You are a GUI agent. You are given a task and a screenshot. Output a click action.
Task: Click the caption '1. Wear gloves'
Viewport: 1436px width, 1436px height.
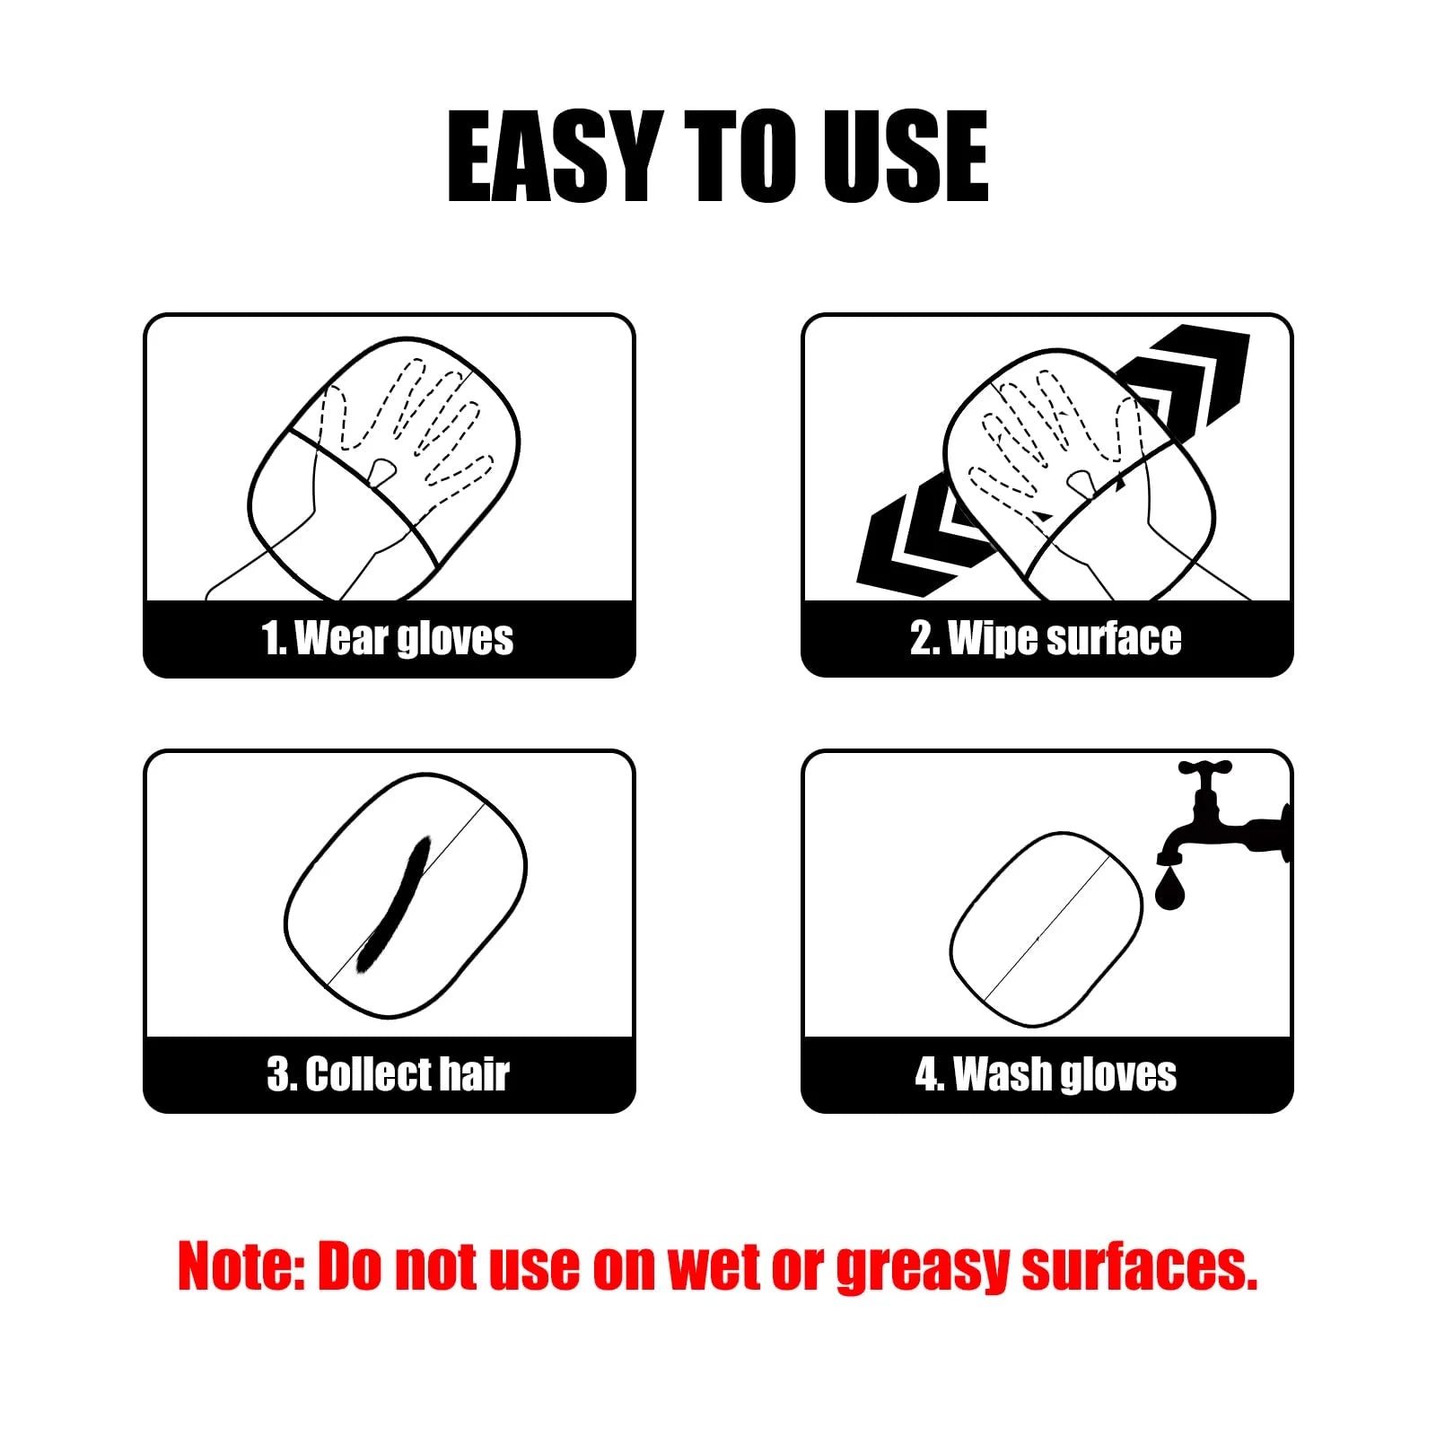388,639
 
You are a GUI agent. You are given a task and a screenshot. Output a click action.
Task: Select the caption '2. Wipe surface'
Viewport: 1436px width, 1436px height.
1046,639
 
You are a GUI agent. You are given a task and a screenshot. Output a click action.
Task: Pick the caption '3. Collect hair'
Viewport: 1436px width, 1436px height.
388,1074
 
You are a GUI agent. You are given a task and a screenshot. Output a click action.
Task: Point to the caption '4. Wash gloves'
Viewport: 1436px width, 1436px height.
1046,1074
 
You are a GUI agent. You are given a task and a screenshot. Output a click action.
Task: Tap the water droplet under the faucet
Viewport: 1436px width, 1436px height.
1169,889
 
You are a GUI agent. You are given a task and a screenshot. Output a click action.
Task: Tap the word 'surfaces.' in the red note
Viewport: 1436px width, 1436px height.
1140,1266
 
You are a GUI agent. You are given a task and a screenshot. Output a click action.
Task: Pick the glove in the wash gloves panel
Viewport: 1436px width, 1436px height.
1046,929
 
